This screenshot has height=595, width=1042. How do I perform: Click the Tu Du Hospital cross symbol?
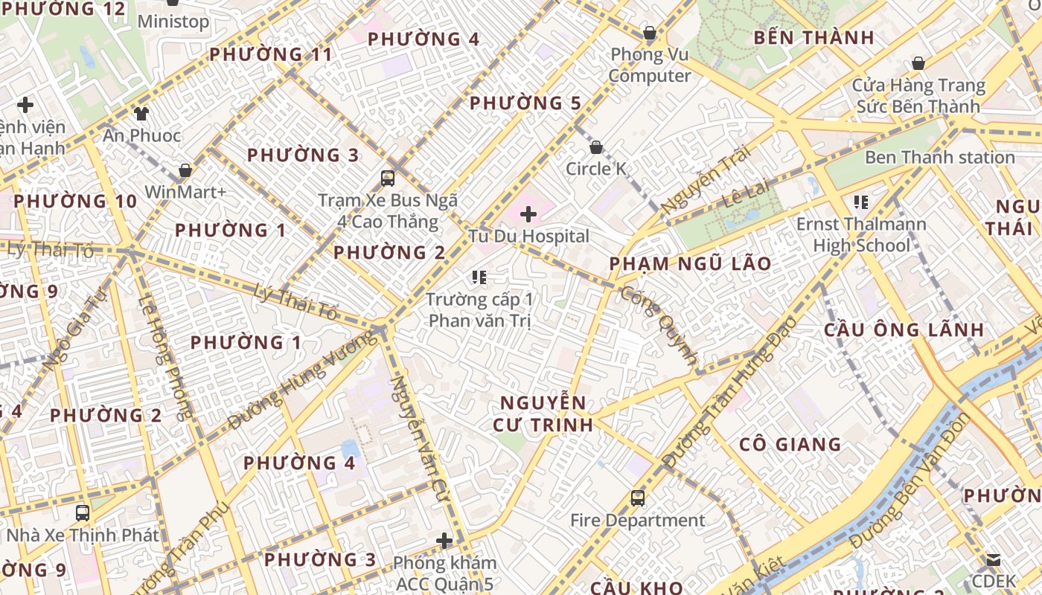528,215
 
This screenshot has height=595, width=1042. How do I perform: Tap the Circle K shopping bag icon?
595,147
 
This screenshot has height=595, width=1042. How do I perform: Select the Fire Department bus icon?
638,498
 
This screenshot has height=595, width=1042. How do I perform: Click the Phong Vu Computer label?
650,65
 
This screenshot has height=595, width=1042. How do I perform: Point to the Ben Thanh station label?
939,158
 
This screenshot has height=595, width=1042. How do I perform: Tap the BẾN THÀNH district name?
814,38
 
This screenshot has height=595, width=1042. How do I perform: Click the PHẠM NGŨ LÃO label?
690,264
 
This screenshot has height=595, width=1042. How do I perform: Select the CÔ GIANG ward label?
790,445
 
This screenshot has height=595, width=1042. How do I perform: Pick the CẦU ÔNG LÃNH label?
904,329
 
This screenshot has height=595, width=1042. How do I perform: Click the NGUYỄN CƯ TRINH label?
543,414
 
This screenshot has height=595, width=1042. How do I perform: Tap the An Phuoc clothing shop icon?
141,114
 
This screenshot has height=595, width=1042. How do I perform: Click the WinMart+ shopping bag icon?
185,170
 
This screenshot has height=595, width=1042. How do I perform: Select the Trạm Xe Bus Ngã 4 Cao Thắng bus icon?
388,178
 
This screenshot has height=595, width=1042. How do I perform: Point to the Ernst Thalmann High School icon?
861,202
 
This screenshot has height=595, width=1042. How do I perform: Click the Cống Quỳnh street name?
659,328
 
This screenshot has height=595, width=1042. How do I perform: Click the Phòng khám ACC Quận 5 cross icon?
444,540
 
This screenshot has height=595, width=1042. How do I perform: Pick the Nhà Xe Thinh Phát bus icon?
83,512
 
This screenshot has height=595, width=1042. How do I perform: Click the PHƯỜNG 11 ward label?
270,54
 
